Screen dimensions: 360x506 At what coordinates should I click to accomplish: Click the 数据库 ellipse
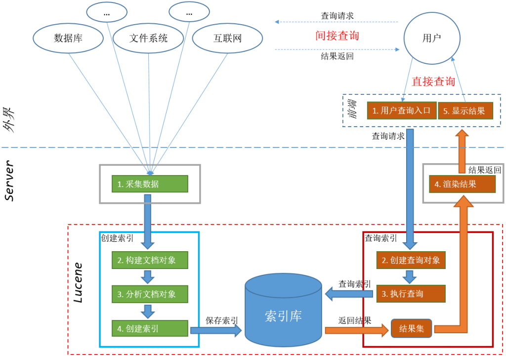click(x=68, y=38)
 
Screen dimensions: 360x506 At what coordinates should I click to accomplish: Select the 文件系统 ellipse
click(x=148, y=38)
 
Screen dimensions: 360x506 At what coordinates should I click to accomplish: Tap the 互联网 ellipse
click(x=227, y=38)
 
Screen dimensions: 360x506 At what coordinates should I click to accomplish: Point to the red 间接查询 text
click(x=337, y=36)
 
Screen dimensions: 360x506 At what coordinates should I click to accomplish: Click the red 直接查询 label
click(x=433, y=82)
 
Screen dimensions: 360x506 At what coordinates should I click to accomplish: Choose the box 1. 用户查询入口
click(x=401, y=111)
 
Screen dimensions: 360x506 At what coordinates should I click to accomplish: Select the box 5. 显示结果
click(x=465, y=111)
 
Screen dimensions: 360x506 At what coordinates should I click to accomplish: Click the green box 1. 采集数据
click(x=150, y=184)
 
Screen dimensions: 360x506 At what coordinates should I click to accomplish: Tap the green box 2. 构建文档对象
click(x=150, y=260)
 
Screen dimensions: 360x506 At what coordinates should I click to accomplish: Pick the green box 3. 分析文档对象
click(x=150, y=294)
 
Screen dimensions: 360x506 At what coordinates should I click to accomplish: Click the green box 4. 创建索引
click(x=150, y=328)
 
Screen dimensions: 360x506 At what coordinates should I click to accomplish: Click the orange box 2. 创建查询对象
click(x=411, y=260)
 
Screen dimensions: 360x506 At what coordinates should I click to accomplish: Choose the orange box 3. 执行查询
click(x=411, y=294)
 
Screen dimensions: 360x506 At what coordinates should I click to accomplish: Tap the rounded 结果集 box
click(x=411, y=328)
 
